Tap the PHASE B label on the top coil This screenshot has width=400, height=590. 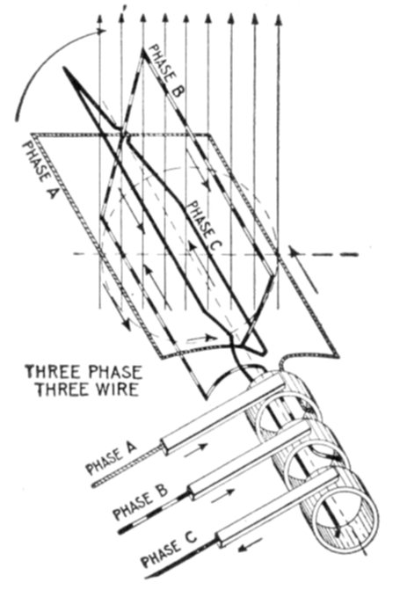(x=166, y=70)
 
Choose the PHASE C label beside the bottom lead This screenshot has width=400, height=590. (x=169, y=550)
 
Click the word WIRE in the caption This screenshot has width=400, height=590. (x=115, y=390)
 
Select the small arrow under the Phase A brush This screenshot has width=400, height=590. (x=196, y=448)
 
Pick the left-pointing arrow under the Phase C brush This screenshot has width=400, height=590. (x=251, y=544)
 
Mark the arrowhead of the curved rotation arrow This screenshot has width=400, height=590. (x=102, y=32)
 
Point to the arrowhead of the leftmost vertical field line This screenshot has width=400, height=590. (x=99, y=21)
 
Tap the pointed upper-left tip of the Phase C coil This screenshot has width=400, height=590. (x=65, y=69)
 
